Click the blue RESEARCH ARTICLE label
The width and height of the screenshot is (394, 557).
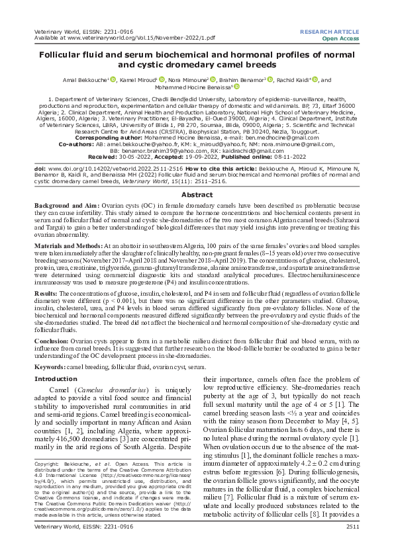coord(329,32)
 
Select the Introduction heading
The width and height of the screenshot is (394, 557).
coord(56,379)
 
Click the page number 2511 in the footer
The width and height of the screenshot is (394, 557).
coord(351,544)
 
